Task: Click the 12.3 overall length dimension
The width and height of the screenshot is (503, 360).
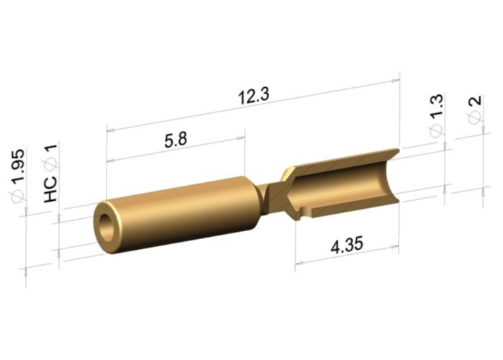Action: coord(254,96)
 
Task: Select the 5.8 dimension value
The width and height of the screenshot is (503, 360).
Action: coord(176,140)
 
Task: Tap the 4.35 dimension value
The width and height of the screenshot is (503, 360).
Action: coord(347,245)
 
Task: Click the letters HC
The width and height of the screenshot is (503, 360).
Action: coord(50,189)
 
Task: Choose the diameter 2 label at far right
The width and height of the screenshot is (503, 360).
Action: coord(475,100)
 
